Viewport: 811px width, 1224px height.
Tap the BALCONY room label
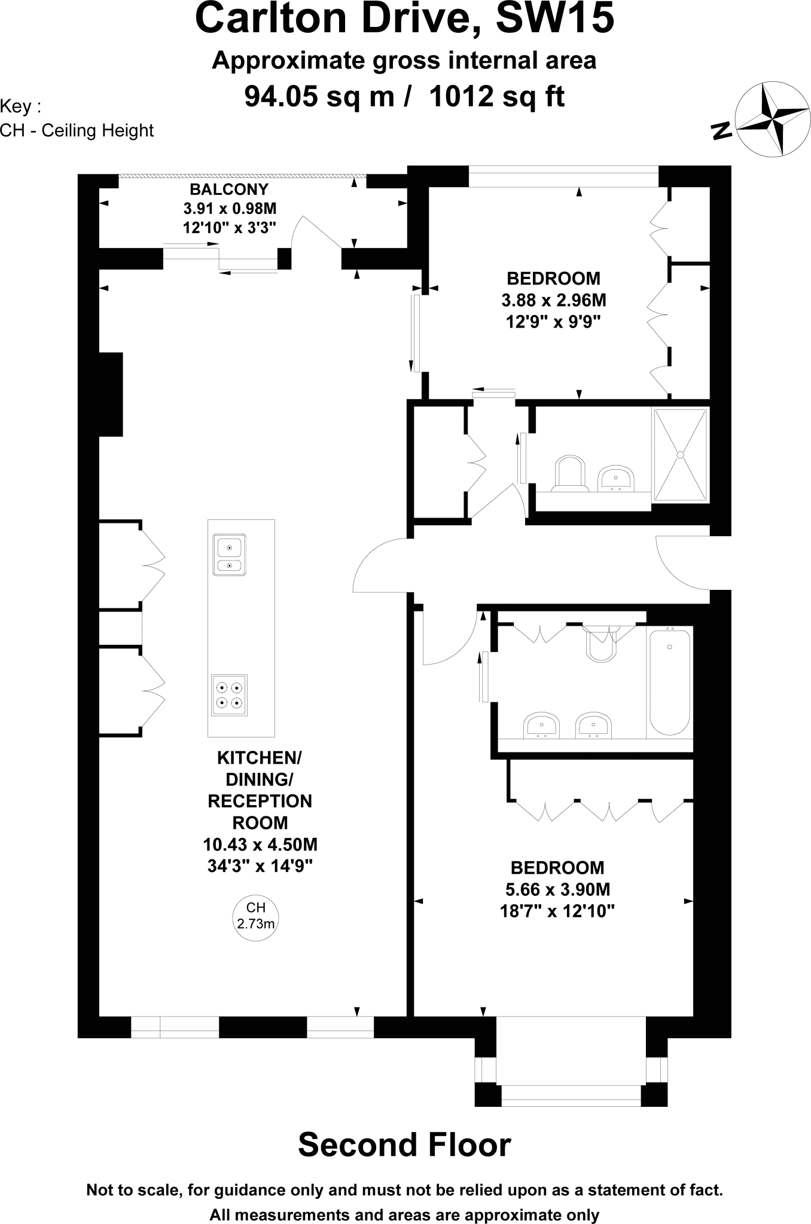click(x=229, y=190)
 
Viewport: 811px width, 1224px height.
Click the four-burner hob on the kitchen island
click(x=230, y=695)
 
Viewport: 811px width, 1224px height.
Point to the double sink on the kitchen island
click(x=229, y=555)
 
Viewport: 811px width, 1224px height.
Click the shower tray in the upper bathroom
click(x=680, y=455)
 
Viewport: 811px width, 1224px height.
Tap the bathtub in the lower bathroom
click(x=670, y=681)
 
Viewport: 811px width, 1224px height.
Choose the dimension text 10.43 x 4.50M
click(x=260, y=844)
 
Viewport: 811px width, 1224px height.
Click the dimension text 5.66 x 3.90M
click(x=557, y=889)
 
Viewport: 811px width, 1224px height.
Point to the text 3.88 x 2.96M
click(x=553, y=300)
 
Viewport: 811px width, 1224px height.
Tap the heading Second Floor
click(x=404, y=1145)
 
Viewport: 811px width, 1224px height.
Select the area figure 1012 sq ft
click(x=496, y=97)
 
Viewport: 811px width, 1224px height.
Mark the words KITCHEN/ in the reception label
click(x=260, y=758)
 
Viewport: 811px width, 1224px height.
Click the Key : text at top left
click(x=21, y=107)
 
